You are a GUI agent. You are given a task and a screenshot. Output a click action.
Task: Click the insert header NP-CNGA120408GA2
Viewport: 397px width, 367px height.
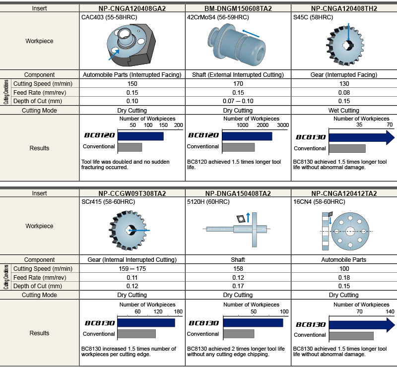click(x=132, y=8)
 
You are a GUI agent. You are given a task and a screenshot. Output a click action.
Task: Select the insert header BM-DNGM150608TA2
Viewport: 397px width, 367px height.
click(x=238, y=8)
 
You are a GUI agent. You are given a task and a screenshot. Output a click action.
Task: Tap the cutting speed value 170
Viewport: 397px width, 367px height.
click(x=238, y=83)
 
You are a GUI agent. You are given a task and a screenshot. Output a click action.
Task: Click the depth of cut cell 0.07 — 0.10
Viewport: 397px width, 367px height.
click(x=238, y=101)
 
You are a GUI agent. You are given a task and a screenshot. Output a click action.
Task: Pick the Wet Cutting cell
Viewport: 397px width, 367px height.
click(x=344, y=110)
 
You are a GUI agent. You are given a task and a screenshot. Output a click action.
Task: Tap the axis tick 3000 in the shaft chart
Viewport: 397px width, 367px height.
click(x=282, y=126)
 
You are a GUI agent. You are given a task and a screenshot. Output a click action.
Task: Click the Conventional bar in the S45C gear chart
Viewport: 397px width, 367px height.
click(x=347, y=148)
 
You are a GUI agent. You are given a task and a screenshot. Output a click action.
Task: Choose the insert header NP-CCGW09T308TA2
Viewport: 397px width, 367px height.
click(x=132, y=193)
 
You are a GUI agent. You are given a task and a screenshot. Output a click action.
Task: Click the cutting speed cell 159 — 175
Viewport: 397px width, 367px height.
click(x=132, y=268)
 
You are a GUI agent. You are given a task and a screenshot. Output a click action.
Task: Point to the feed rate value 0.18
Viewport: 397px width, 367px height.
click(x=344, y=277)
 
